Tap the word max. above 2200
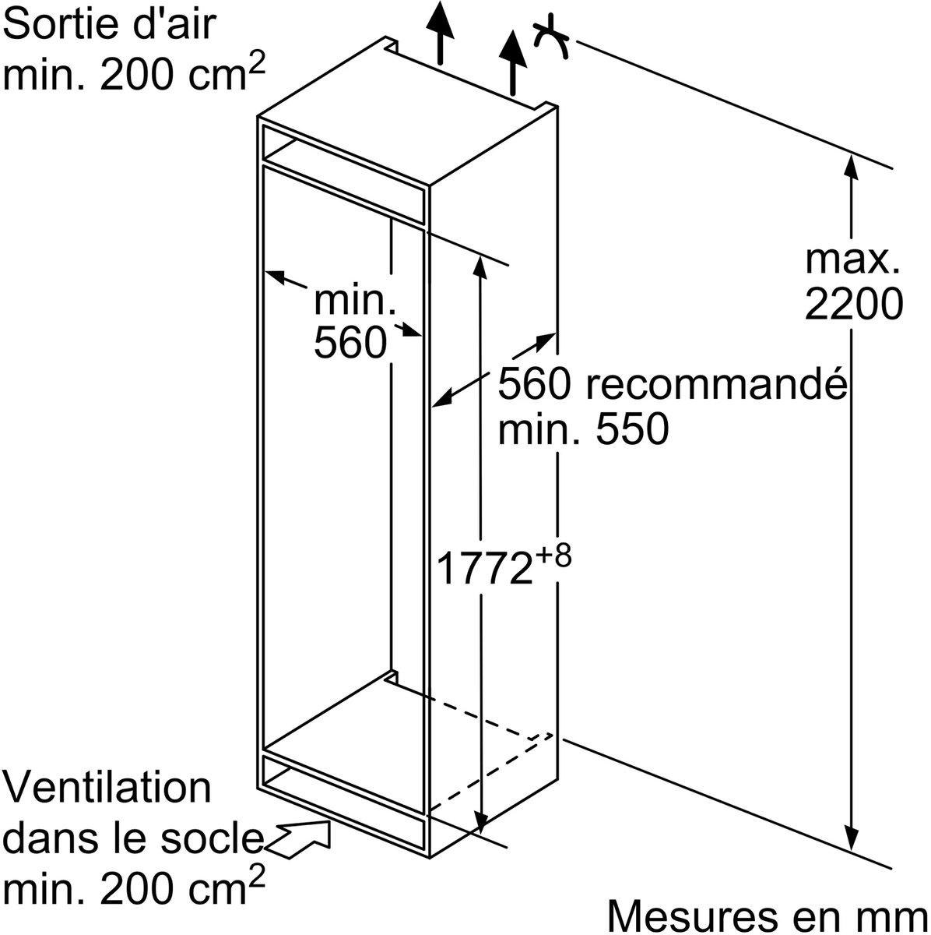[852, 260]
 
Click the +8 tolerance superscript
[553, 557]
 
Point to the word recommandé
[716, 384]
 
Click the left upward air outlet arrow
[441, 32]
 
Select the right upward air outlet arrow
[513, 62]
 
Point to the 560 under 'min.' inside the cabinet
[350, 342]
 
